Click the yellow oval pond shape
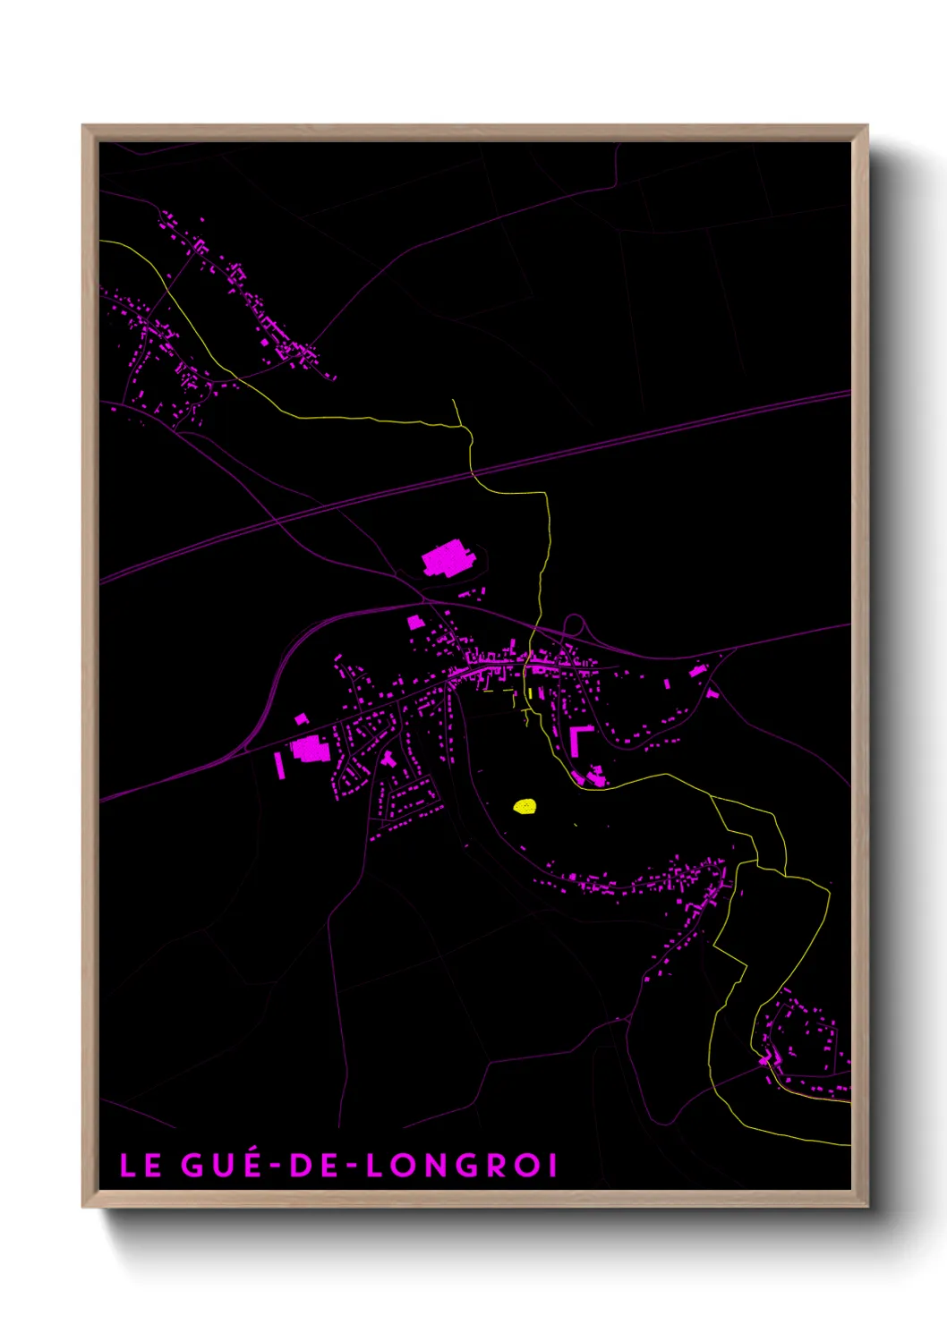[x=525, y=806]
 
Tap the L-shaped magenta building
[x=577, y=738]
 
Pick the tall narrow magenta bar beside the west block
[x=279, y=765]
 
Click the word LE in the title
[x=141, y=1166]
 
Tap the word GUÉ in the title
[x=221, y=1166]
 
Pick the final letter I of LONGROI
[x=552, y=1166]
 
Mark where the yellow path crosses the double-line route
[x=473, y=471]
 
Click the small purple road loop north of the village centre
[x=574, y=624]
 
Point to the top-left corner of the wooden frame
[x=83, y=126]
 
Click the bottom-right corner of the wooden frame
[x=866, y=1206]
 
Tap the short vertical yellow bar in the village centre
[x=531, y=692]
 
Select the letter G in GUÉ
[x=192, y=1166]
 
